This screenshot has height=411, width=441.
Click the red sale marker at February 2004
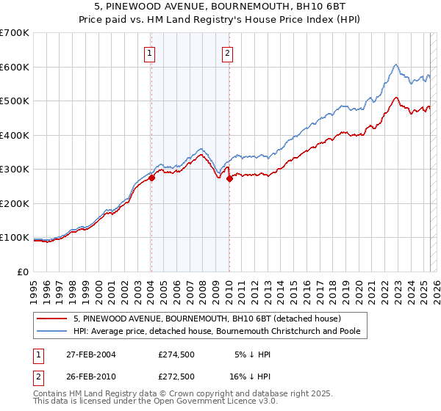tap(151, 178)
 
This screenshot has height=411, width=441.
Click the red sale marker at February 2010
tap(229, 178)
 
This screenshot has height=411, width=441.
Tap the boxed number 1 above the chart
tap(149, 52)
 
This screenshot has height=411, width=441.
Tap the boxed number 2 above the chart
tap(228, 52)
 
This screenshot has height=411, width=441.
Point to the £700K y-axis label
tap(14, 33)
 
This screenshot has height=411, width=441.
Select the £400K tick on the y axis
tap(14, 135)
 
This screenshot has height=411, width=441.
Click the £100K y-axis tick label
tap(14, 238)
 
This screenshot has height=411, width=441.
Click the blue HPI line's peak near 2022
tap(395, 65)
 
